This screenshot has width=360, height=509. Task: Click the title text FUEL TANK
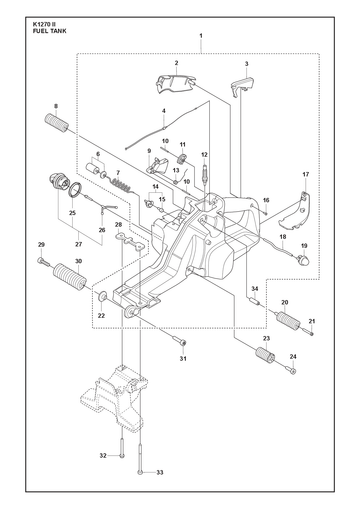[50, 31]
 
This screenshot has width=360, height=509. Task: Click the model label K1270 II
[44, 24]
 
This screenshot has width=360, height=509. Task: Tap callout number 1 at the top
[201, 35]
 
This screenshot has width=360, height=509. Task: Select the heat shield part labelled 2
[176, 84]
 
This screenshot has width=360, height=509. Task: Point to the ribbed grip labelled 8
[56, 123]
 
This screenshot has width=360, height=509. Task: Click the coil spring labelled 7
[121, 185]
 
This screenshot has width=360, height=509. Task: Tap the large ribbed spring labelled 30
[70, 277]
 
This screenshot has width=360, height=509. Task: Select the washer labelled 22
[101, 295]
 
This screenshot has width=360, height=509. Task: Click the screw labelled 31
[180, 341]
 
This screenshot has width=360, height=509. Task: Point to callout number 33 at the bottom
[160, 472]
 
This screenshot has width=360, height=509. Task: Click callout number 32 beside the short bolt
[103, 455]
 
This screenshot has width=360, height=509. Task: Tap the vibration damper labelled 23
[265, 355]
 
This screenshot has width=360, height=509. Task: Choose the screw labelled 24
[291, 370]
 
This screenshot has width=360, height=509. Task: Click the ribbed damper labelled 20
[288, 319]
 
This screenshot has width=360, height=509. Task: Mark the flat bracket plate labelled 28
[131, 240]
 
